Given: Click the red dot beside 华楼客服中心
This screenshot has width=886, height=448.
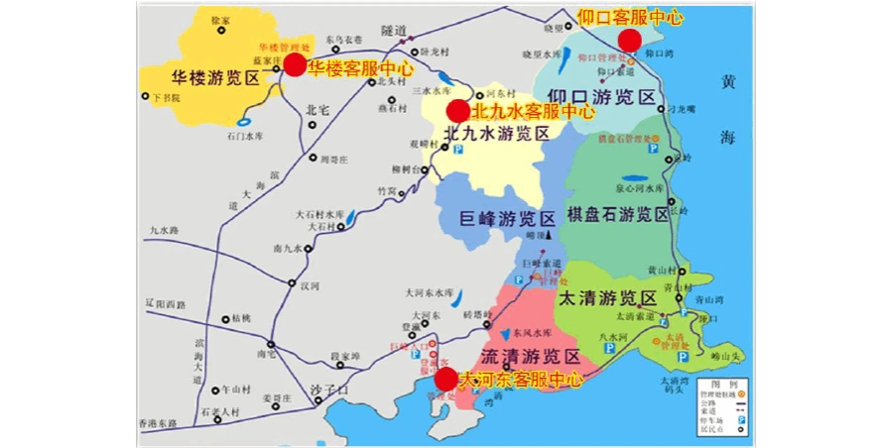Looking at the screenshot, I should [x=295, y=64].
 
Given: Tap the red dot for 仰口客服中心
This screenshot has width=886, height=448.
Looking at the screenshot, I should [x=629, y=40].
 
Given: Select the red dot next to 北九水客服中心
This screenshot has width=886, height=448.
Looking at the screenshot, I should [x=456, y=110].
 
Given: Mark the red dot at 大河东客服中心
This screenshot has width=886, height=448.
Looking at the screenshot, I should [x=446, y=379].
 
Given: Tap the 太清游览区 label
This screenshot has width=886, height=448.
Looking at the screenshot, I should [x=607, y=297].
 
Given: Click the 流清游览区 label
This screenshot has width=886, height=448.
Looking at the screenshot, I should [x=530, y=356].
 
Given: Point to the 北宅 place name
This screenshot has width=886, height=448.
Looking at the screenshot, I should [x=317, y=110].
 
